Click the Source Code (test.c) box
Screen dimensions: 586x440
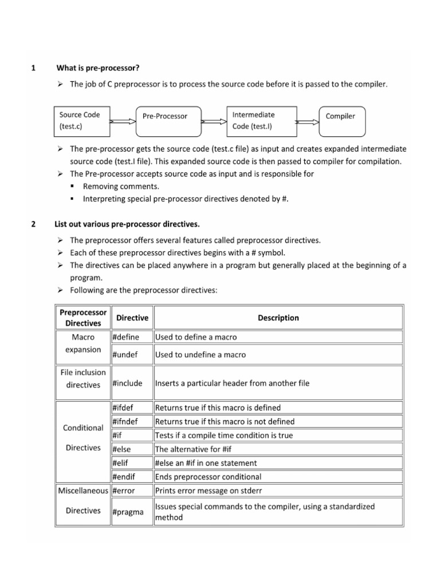click(x=80, y=120)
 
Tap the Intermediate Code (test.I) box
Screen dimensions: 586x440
click(x=262, y=120)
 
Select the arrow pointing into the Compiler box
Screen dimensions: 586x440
click(x=308, y=121)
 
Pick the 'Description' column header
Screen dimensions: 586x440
click(x=278, y=318)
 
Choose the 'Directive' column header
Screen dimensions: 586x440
click(x=132, y=318)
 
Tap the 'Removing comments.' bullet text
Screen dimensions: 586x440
click(x=121, y=186)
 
